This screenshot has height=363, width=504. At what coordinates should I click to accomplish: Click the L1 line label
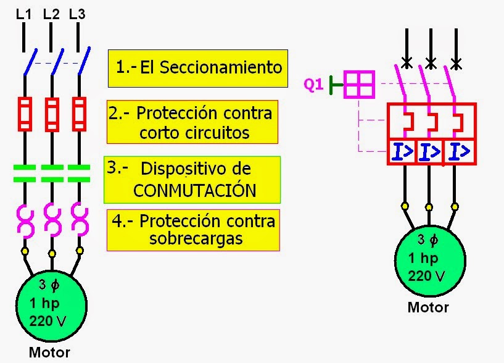[23, 14]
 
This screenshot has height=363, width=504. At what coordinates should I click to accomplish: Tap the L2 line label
[51, 14]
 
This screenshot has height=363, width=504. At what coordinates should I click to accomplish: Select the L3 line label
[77, 14]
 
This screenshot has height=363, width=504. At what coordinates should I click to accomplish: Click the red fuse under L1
[25, 114]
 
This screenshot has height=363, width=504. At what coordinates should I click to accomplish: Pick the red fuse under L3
[78, 114]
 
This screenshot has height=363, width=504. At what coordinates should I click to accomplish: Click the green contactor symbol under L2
[52, 173]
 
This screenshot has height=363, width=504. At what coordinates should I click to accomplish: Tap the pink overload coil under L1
[25, 220]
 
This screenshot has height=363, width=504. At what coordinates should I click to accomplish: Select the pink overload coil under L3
[78, 220]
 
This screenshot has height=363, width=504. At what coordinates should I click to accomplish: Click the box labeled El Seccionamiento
[198, 68]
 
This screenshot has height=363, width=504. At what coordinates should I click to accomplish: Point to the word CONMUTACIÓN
[194, 191]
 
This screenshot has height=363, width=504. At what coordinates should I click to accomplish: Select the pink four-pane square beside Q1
[359, 84]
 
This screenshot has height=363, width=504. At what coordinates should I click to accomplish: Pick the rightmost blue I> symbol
[460, 151]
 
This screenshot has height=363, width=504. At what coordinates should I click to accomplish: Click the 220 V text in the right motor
[430, 276]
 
